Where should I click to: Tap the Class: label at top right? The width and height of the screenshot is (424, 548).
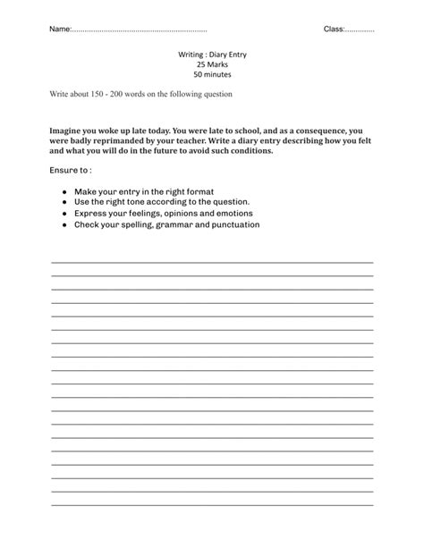(x=335, y=30)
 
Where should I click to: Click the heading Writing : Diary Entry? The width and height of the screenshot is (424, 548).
(x=212, y=55)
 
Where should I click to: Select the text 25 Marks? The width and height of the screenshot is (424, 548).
(x=212, y=64)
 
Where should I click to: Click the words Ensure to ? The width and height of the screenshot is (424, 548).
(x=71, y=170)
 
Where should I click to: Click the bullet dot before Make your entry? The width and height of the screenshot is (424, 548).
(x=65, y=192)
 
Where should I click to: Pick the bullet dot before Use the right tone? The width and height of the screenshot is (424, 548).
(x=65, y=203)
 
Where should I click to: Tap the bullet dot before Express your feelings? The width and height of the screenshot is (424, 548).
(x=65, y=214)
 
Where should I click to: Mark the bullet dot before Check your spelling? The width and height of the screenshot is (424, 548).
(x=65, y=225)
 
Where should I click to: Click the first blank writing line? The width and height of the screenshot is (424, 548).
(x=212, y=262)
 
